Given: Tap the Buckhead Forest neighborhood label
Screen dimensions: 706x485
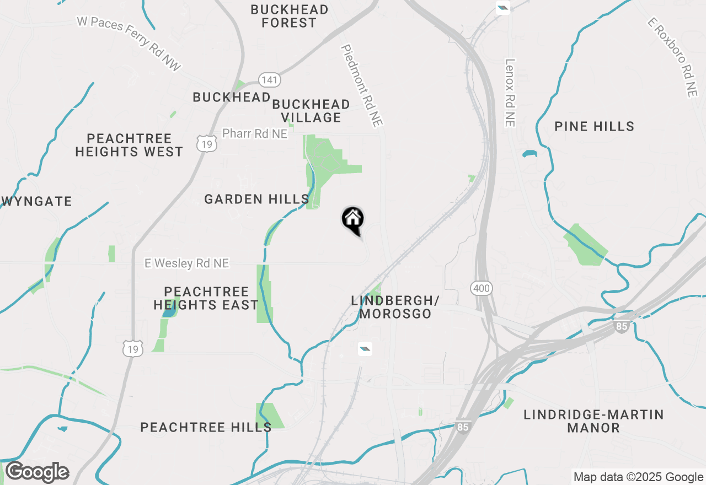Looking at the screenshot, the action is tap(289, 17).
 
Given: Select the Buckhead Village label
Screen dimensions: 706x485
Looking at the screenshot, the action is tap(311, 111).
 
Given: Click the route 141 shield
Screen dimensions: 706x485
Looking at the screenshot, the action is tap(270, 80).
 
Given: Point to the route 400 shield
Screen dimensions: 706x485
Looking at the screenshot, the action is tap(480, 287).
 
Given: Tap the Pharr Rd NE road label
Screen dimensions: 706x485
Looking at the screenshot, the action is tap(255, 134).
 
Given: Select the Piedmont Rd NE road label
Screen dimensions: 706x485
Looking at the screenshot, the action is tap(362, 86).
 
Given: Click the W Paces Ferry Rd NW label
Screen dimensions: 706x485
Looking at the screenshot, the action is tap(129, 44).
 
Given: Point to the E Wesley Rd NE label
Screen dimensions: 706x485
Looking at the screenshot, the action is tap(186, 263).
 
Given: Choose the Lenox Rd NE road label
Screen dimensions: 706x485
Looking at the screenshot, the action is tap(510, 93).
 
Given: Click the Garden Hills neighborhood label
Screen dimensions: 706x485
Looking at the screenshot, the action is tap(256, 199).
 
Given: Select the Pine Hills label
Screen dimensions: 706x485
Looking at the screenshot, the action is tap(595, 126).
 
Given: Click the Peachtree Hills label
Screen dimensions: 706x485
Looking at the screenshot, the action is tap(206, 427).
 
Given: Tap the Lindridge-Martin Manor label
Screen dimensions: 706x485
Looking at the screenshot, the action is tap(593, 421).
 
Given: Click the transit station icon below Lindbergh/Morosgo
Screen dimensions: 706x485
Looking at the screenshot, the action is tap(365, 348).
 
